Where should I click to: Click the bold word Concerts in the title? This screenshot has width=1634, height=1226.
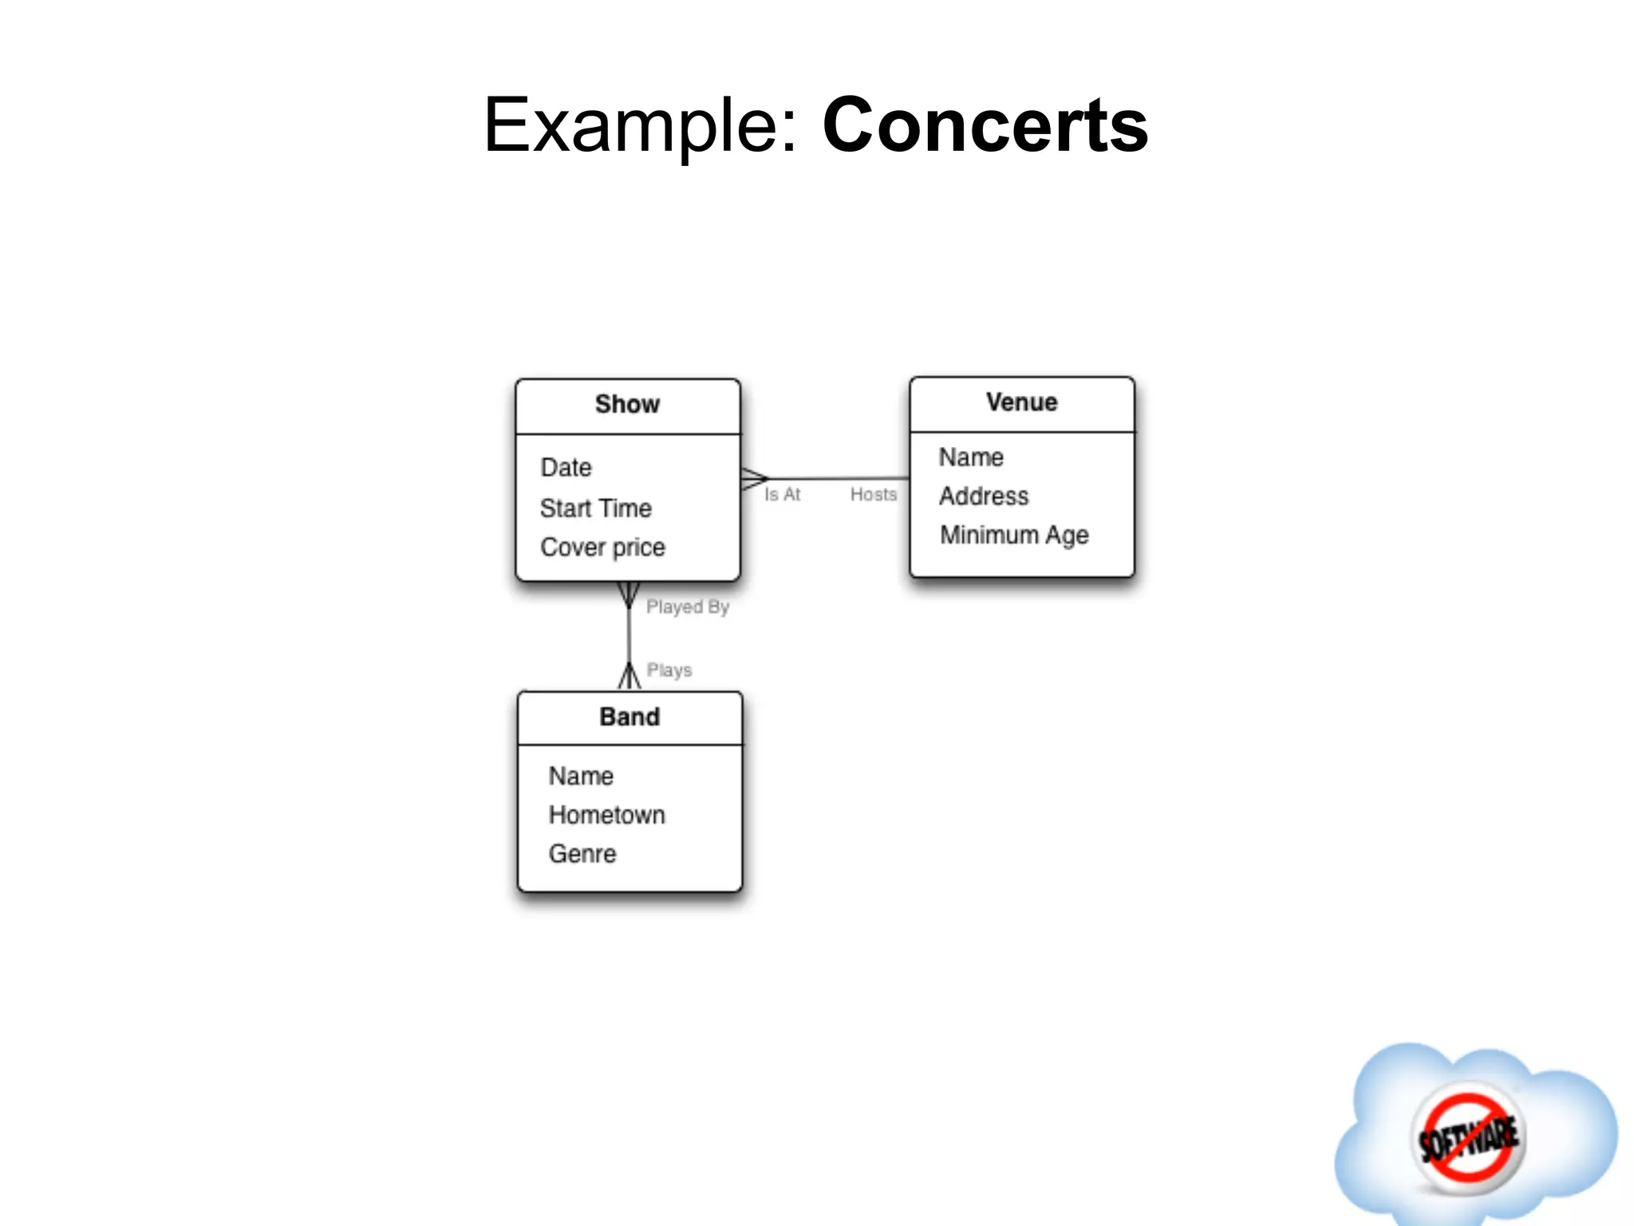(985, 125)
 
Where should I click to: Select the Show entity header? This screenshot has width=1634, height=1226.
(628, 405)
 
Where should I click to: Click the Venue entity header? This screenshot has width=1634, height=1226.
(1021, 402)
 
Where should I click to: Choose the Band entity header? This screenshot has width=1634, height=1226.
(630, 717)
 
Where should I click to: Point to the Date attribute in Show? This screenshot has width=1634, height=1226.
(566, 468)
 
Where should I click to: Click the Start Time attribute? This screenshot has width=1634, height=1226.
(595, 508)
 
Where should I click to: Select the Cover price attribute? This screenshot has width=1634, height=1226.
(602, 548)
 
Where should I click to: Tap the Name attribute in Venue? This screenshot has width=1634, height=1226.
(971, 457)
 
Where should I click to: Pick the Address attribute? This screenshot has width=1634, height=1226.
(984, 496)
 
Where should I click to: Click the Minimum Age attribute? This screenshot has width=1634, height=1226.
(1014, 535)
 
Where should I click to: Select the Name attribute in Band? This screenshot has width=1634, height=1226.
(581, 776)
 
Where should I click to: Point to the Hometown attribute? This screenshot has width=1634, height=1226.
(606, 815)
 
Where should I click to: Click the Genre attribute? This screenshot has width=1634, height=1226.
(582, 854)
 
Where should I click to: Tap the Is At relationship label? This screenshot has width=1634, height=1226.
(782, 495)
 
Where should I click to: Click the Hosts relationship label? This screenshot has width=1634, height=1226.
(873, 495)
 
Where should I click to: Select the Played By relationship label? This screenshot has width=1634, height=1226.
(687, 607)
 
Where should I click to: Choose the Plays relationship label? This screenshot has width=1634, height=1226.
(669, 670)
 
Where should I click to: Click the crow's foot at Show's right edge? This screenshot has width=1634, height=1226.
(753, 479)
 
